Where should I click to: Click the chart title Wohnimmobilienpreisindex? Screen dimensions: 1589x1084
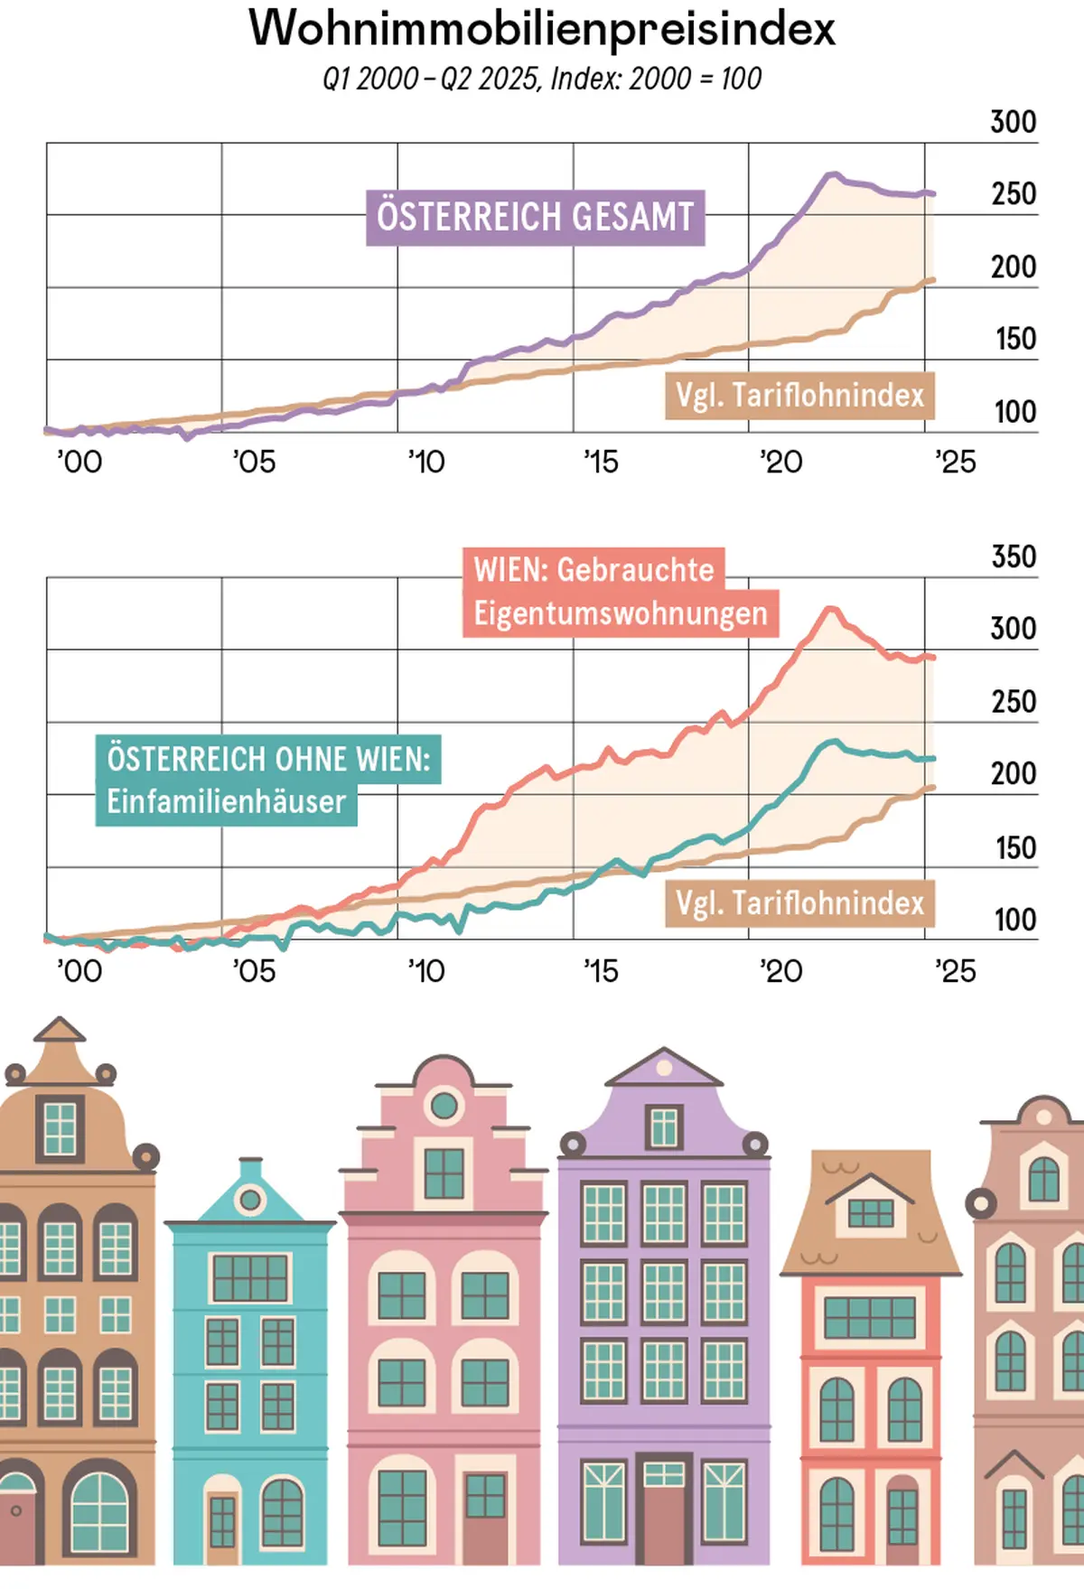click(x=542, y=29)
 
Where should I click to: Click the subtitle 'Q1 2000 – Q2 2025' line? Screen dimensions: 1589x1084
click(x=542, y=79)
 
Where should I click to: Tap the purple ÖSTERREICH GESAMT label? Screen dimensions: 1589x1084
click(x=535, y=217)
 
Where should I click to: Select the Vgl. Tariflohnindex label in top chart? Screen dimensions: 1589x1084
click(x=799, y=396)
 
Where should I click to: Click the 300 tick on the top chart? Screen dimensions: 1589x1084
click(x=1013, y=122)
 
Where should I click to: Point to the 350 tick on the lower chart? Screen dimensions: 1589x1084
click(x=1013, y=556)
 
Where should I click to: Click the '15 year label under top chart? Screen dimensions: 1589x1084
click(x=601, y=463)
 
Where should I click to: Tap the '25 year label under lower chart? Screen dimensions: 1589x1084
click(x=955, y=971)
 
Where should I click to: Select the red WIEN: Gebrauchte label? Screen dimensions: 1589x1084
click(x=593, y=570)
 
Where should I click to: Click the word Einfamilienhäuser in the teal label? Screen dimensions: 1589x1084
click(x=226, y=802)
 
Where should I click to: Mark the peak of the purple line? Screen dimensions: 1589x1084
click(x=832, y=174)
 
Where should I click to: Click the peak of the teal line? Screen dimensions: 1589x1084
click(x=833, y=743)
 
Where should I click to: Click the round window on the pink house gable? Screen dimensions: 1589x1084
click(x=444, y=1105)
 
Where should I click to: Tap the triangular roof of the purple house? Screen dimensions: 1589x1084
click(x=664, y=1069)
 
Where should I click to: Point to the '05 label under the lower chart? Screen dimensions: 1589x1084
click(x=254, y=971)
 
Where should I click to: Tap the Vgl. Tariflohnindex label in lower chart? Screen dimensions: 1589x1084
click(x=799, y=903)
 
